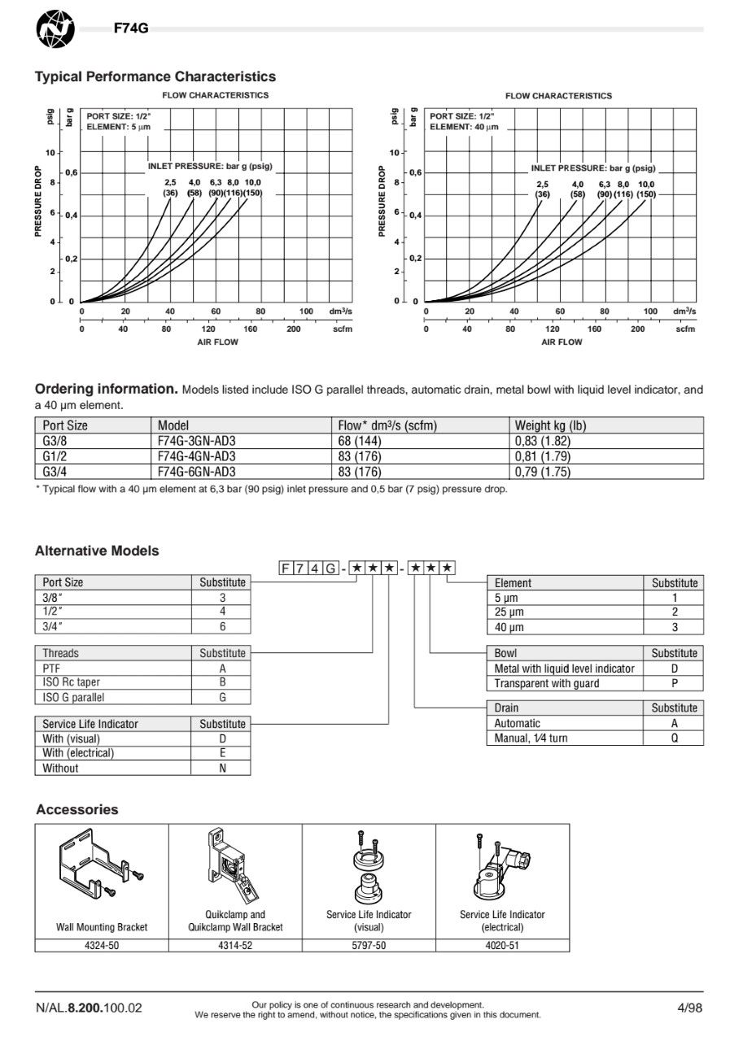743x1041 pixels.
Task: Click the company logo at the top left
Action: pos(55,30)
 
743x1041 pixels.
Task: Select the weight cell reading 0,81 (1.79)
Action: pos(541,456)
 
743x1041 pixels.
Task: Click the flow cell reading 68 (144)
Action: pos(360,441)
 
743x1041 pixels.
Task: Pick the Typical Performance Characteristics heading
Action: pos(155,77)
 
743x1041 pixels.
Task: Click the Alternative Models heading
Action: pos(97,551)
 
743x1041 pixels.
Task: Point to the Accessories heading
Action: pos(77,810)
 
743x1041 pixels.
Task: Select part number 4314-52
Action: pos(235,946)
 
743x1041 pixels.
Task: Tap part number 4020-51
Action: pos(502,946)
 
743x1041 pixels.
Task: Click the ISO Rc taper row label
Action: pos(72,682)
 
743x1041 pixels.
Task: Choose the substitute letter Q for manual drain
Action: pos(674,738)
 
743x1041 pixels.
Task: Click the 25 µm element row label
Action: pos(509,612)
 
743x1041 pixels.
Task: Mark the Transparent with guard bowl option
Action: pos(547,683)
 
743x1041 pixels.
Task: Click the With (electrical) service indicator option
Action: pos(78,753)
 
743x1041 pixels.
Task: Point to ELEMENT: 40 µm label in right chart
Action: pos(463,127)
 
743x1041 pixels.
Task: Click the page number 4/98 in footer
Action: pos(689,1008)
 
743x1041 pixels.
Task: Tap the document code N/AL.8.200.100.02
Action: pos(89,1008)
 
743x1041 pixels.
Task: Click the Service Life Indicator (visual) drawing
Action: pos(368,867)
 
